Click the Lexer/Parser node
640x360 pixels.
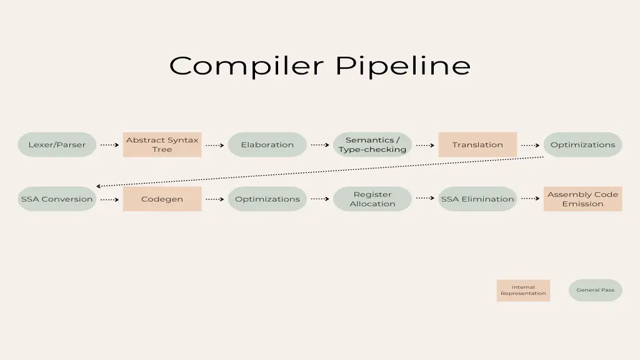tap(57, 144)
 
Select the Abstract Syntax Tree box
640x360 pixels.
tap(162, 144)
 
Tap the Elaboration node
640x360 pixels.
tap(267, 144)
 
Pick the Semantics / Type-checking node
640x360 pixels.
tap(372, 144)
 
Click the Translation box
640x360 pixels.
tap(477, 144)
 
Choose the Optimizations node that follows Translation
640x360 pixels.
tap(583, 144)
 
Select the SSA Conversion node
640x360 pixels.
tap(57, 199)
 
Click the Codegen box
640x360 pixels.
tap(162, 199)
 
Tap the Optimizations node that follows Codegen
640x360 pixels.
tap(267, 199)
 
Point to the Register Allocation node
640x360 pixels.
tap(372, 199)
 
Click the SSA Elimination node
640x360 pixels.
tap(477, 199)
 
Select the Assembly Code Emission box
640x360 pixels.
tap(583, 199)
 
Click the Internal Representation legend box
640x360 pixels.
tap(523, 290)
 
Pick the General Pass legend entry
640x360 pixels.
tap(595, 290)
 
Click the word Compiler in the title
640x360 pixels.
tap(246, 66)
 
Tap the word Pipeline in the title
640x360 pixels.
tap(403, 66)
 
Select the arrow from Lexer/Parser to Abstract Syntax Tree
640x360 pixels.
tap(110, 145)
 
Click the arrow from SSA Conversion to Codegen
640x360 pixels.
tap(110, 199)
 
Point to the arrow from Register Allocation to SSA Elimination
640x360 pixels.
tap(425, 198)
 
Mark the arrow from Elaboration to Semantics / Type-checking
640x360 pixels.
tap(320, 145)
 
